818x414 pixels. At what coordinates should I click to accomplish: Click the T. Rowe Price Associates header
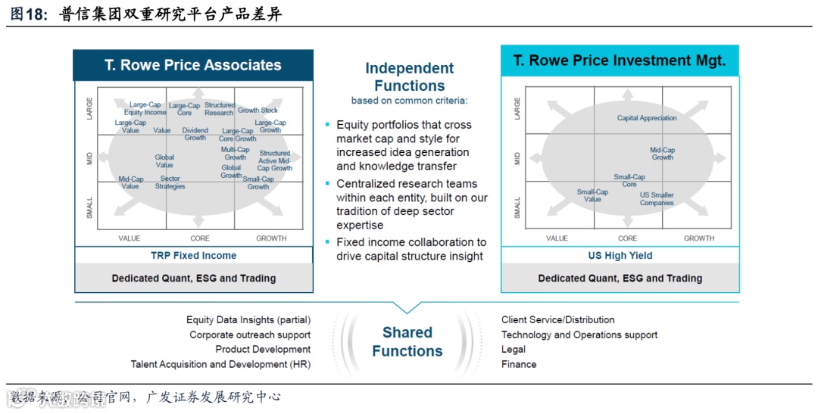pos(193,65)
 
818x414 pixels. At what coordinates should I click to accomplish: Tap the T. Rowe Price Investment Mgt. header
pos(620,61)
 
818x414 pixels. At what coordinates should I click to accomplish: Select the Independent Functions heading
pos(409,76)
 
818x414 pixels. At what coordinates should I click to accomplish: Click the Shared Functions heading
pos(407,341)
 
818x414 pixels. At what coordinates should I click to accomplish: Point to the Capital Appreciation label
pos(647,118)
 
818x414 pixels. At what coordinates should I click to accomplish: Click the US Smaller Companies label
pos(657,199)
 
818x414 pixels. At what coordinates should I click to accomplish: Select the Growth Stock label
pos(258,111)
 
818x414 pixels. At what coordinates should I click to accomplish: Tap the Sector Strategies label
pos(170,182)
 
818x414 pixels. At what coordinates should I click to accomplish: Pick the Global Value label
pos(164,161)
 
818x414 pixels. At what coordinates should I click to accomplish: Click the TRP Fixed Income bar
pos(193,256)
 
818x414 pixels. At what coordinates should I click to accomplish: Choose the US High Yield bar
pos(620,256)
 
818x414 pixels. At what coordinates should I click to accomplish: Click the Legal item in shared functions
pos(514,350)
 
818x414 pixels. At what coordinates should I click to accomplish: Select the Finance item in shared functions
pos(519,364)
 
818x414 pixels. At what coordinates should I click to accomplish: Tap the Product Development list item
pos(263,350)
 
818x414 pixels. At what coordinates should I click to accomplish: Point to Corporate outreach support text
pos(250,335)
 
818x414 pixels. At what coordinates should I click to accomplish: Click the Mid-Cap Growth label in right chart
pos(662,154)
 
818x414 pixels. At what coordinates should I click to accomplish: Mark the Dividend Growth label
pos(195,134)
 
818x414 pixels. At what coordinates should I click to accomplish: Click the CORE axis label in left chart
pos(200,238)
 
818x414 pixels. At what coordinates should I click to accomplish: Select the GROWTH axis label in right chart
pos(698,238)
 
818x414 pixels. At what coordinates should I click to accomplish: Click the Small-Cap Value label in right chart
pos(592,195)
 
